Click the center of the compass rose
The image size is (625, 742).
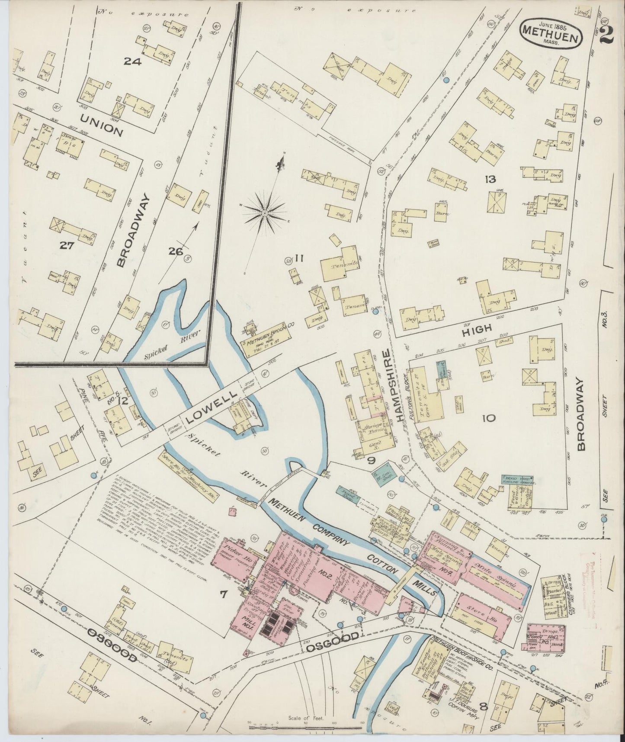pos(264,213)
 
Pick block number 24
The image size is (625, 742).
pos(132,61)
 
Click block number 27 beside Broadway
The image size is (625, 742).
pos(67,246)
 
